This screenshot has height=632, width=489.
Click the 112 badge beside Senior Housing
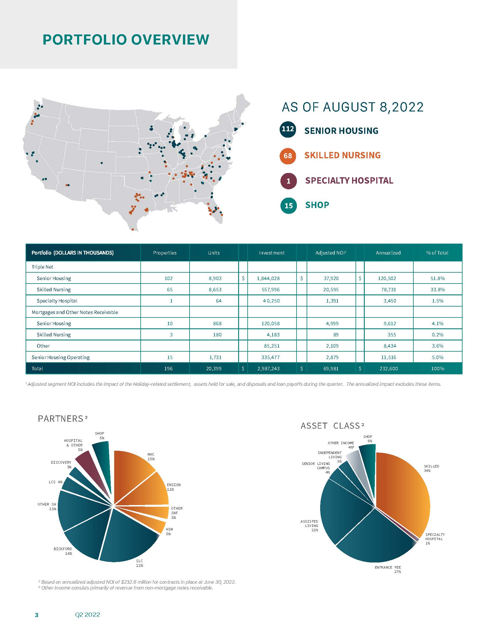pyautogui.click(x=288, y=129)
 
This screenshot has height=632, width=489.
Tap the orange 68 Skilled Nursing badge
pyautogui.click(x=288, y=156)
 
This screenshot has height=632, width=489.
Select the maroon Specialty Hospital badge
pyautogui.click(x=289, y=181)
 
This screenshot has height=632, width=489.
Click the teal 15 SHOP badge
pyautogui.click(x=289, y=206)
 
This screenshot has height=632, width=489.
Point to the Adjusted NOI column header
pyautogui.click(x=331, y=253)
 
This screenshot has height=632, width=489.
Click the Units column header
pyautogui.click(x=214, y=253)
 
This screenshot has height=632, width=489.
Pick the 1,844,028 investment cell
pyautogui.click(x=268, y=278)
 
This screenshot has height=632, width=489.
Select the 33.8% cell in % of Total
pyautogui.click(x=438, y=290)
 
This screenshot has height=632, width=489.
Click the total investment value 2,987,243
pyautogui.click(x=268, y=369)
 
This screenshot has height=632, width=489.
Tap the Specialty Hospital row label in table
pyautogui.click(x=57, y=301)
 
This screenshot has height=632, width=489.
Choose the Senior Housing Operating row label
pyautogui.click(x=60, y=357)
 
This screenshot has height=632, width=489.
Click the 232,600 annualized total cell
pyautogui.click(x=388, y=369)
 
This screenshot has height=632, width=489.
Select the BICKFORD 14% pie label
pyautogui.click(x=63, y=551)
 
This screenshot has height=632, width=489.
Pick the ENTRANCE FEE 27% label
pyautogui.click(x=388, y=569)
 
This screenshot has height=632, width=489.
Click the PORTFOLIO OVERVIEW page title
pyautogui.click(x=126, y=40)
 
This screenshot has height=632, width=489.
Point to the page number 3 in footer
pyautogui.click(x=37, y=615)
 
